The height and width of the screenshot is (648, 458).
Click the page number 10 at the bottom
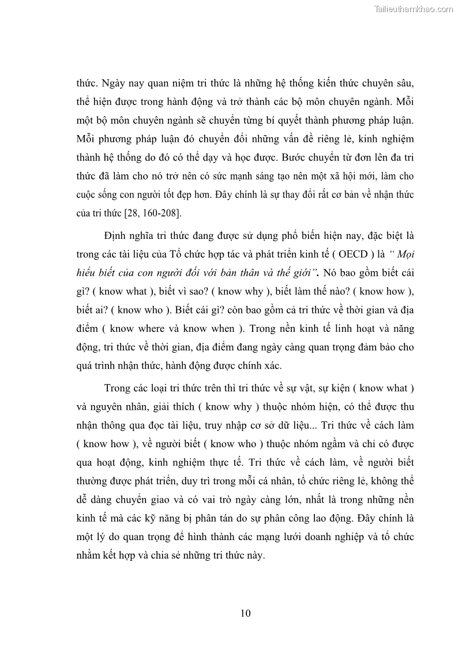pos(245,613)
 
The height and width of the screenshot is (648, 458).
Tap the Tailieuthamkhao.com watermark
pos(414,9)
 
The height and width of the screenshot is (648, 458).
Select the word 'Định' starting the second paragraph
pos(117,235)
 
